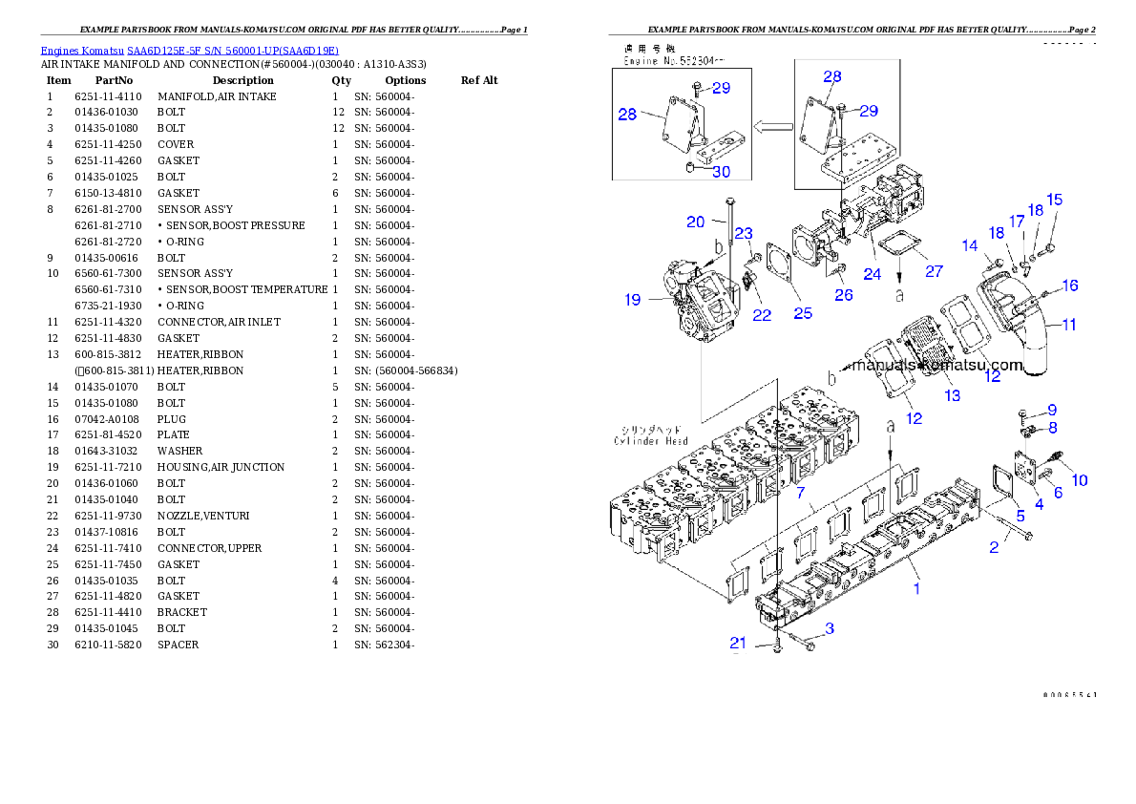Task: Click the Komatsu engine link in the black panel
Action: [189, 50]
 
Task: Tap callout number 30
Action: [722, 173]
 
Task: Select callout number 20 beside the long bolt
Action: [696, 222]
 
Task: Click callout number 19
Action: [633, 300]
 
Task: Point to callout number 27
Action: [934, 271]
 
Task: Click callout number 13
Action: [952, 395]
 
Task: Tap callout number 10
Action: [1079, 480]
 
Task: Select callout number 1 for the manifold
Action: [916, 588]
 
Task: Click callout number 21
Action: [738, 643]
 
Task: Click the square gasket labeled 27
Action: [894, 246]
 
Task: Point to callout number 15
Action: [1054, 200]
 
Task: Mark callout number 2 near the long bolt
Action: [994, 547]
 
